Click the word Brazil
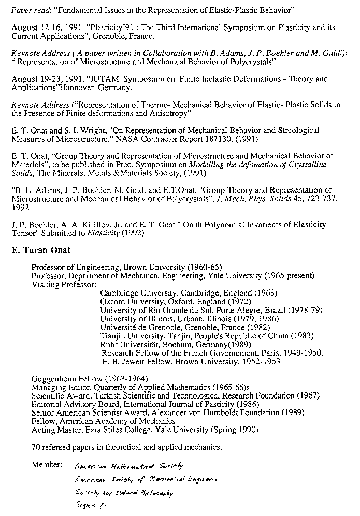click(279, 310)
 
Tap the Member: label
click(47, 464)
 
